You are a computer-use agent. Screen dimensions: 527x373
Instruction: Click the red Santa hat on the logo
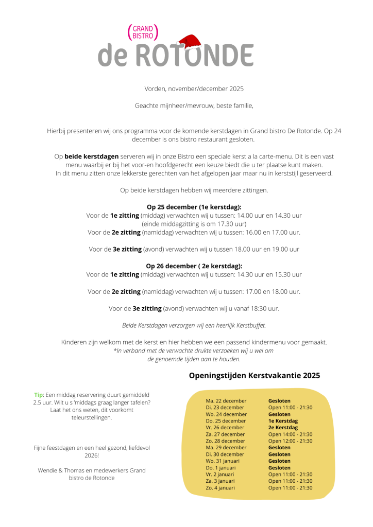(190, 42)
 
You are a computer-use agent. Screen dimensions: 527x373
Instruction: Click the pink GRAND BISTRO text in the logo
(142, 32)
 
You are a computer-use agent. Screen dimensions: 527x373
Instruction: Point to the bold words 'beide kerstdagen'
(92, 156)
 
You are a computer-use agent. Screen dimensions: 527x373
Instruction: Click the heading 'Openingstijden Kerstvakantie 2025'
(255, 376)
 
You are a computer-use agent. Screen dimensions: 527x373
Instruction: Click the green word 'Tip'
(39, 395)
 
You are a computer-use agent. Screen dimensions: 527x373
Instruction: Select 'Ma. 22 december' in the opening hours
(226, 401)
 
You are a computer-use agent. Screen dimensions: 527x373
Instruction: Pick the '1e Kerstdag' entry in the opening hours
(283, 421)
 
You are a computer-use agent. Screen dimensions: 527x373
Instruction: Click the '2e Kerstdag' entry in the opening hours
(283, 428)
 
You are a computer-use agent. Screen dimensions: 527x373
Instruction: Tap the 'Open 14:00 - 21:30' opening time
(290, 434)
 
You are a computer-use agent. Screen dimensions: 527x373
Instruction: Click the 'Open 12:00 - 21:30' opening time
(290, 441)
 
